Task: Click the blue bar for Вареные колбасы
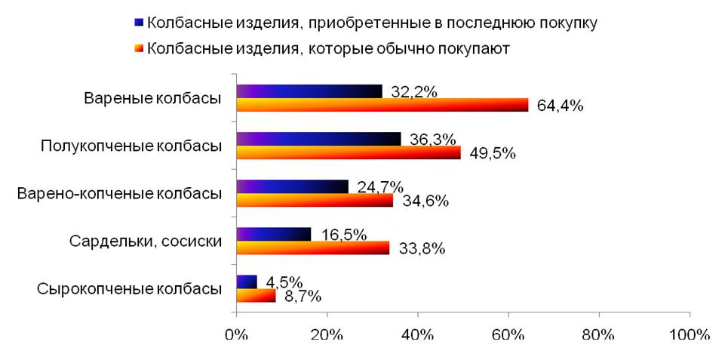(309, 92)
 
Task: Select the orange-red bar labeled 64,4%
(382, 106)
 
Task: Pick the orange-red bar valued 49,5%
(349, 152)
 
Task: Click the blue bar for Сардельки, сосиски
(274, 235)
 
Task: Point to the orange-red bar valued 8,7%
(256, 296)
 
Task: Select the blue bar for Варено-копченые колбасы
(293, 186)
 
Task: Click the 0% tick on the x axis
(237, 334)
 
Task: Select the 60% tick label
(508, 334)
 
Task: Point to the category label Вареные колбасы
(152, 99)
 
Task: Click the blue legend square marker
(138, 23)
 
